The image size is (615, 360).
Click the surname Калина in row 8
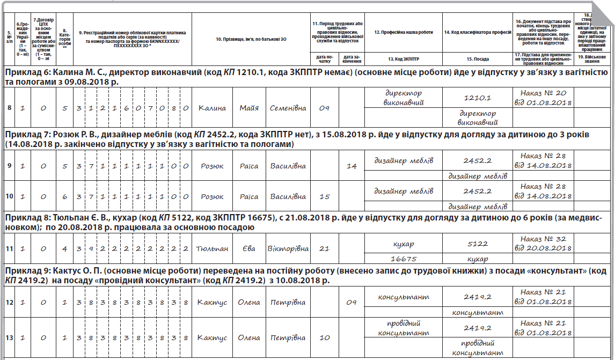point(211,108)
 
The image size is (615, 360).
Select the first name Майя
point(250,108)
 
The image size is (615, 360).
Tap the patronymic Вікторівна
point(288,249)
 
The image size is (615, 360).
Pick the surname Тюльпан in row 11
point(211,249)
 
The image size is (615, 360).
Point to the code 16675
point(404,259)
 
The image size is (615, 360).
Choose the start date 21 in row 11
point(324,249)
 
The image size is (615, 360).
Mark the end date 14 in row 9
point(352,166)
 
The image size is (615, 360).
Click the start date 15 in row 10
point(324,197)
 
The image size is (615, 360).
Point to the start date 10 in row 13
point(324,339)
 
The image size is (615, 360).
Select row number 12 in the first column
point(10,303)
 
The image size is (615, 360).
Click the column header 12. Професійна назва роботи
point(404,32)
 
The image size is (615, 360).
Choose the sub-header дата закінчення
point(352,58)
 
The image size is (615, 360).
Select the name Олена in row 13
point(248,339)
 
